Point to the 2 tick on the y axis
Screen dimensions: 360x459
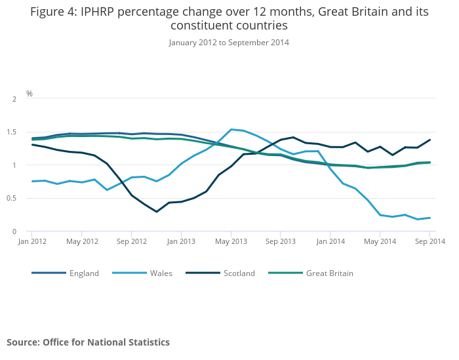coord(14,99)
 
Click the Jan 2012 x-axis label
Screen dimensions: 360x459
coord(31,241)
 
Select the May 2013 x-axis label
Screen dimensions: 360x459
coord(231,241)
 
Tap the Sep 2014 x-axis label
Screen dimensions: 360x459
coord(429,241)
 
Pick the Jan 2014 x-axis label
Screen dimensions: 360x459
coord(330,241)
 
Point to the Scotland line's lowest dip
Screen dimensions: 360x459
coord(156,212)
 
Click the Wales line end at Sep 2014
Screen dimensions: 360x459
coord(429,218)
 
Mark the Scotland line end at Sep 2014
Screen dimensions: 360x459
coord(429,140)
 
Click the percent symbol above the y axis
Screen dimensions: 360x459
coord(29,94)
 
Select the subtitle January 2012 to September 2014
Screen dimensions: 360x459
coord(229,43)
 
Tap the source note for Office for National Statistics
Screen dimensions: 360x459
coord(88,342)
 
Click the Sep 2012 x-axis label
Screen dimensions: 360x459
coord(131,241)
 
